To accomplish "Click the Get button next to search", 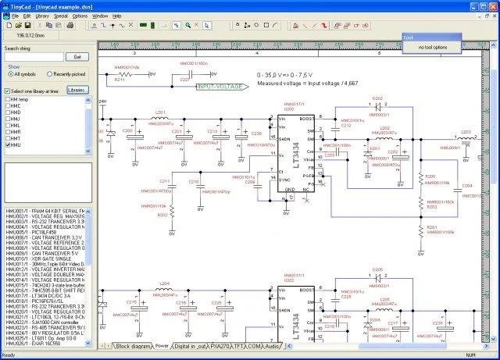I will point(77,57).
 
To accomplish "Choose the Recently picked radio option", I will point(51,74).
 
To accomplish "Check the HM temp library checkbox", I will point(9,101).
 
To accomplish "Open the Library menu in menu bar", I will point(42,15).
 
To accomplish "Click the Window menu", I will point(100,15).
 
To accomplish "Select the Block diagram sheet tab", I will point(133,345).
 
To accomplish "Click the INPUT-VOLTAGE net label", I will point(219,87).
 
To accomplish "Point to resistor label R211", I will point(119,80).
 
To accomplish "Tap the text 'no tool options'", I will point(432,48).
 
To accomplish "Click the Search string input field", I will point(34,57).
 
